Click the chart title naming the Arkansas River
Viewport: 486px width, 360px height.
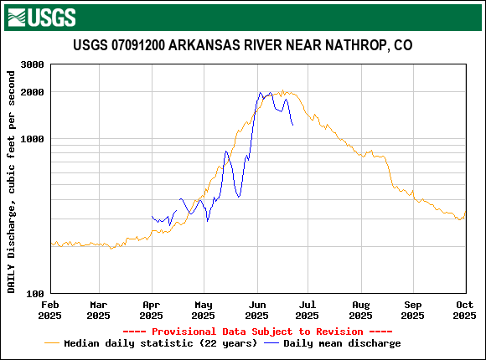(x=242, y=45)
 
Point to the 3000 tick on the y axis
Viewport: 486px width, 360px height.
(x=32, y=64)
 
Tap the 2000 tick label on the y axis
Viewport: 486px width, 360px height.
(x=32, y=92)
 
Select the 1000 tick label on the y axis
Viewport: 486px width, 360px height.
(x=32, y=139)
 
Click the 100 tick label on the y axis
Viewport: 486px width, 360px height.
(x=35, y=294)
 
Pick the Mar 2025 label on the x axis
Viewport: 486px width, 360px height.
(x=98, y=310)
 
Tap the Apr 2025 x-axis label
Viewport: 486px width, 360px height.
(x=151, y=310)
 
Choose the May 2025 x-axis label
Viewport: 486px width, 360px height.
(x=203, y=310)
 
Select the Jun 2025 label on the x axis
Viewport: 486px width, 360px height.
(x=256, y=310)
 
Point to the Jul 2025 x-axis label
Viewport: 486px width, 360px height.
(x=307, y=310)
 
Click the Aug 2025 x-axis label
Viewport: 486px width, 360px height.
(x=360, y=310)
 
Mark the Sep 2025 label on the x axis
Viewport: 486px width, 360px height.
(x=412, y=310)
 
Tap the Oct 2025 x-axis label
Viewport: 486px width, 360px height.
(x=464, y=310)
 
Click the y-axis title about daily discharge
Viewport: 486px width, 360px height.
(x=12, y=182)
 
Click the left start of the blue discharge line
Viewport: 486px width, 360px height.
(x=152, y=217)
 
